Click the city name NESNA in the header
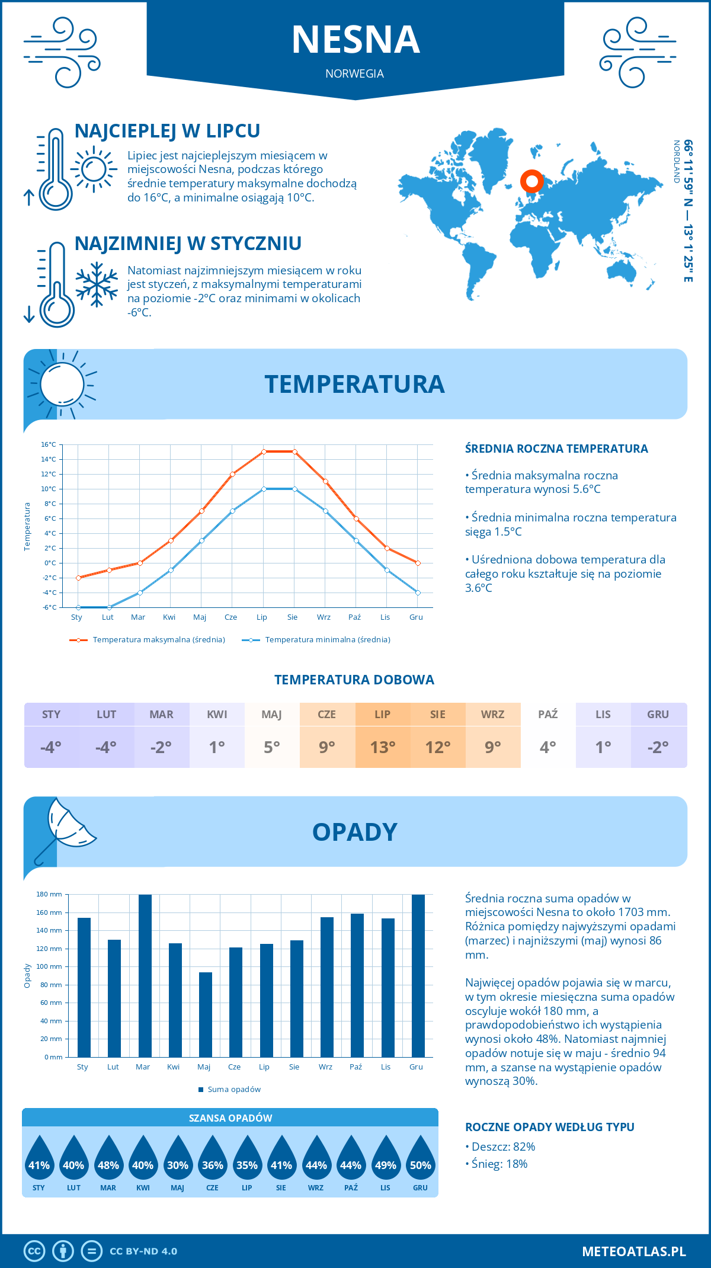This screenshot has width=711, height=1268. [x=355, y=40]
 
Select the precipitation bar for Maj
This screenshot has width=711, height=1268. [x=205, y=1014]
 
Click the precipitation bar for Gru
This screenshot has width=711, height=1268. [x=418, y=975]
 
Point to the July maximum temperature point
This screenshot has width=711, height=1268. [x=264, y=452]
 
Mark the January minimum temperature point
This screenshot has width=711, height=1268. [x=78, y=607]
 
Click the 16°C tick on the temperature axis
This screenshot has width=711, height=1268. [x=49, y=444]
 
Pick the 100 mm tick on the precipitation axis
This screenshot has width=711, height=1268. [x=50, y=966]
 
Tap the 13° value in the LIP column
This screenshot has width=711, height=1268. [x=382, y=747]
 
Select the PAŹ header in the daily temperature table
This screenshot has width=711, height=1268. [x=547, y=715]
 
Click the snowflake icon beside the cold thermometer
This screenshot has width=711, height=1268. [x=97, y=284]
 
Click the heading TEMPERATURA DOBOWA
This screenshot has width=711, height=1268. [x=354, y=680]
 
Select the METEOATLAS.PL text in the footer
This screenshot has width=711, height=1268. [x=634, y=1251]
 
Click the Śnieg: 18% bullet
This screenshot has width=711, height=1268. [x=499, y=1164]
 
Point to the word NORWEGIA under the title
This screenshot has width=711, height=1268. [x=354, y=73]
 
